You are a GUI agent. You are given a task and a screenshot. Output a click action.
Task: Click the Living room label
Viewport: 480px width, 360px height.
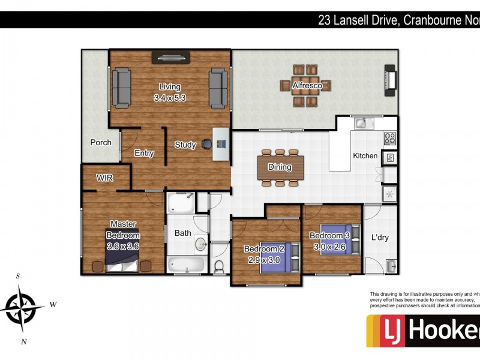[x=170, y=87]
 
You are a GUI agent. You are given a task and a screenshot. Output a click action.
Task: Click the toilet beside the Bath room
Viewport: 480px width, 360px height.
[x=220, y=266]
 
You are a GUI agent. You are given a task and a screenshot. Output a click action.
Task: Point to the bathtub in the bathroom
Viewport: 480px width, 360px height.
[x=187, y=263]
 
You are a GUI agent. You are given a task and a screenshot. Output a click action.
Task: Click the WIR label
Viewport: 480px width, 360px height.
[x=105, y=178]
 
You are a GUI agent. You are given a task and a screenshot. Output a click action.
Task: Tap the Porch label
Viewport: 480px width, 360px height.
[x=100, y=143]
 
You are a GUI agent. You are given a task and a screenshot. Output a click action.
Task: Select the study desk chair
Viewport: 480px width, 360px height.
[x=206, y=144]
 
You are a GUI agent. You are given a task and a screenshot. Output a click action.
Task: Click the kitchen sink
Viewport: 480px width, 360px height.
[x=362, y=124]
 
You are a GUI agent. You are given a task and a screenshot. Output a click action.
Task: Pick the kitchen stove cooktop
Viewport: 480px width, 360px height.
[x=390, y=139]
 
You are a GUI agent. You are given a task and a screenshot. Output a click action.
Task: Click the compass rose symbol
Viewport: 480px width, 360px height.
[x=22, y=307]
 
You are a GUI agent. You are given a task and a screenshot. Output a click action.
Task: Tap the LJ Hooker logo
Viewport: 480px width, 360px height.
[x=423, y=331]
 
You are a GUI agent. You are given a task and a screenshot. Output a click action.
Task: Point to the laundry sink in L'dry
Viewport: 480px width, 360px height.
[x=391, y=265]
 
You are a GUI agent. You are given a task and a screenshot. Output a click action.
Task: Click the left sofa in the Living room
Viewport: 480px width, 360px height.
[x=122, y=87]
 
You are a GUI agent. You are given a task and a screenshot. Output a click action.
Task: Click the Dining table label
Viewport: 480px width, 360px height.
[x=280, y=167]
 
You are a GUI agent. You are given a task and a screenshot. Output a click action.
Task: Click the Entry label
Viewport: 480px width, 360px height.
[x=144, y=154]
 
